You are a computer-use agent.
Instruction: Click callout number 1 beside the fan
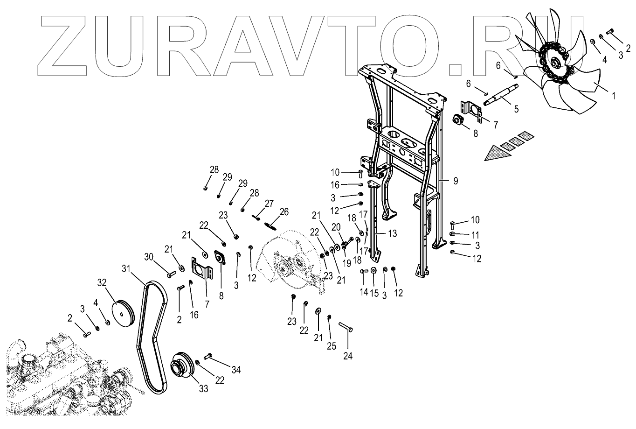coord(613,97)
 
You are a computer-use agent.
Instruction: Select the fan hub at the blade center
coord(555,63)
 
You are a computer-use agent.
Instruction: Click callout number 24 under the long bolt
coord(348,356)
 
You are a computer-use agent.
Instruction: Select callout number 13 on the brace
coord(393,233)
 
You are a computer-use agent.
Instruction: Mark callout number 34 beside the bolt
coord(236,371)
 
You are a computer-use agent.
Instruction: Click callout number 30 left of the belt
coord(149,257)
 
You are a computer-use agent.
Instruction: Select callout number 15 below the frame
coord(373,293)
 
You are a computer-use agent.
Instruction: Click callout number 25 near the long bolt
coord(331,346)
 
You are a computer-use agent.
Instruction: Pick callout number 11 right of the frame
coord(476,234)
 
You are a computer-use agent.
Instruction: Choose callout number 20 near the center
coord(336,227)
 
